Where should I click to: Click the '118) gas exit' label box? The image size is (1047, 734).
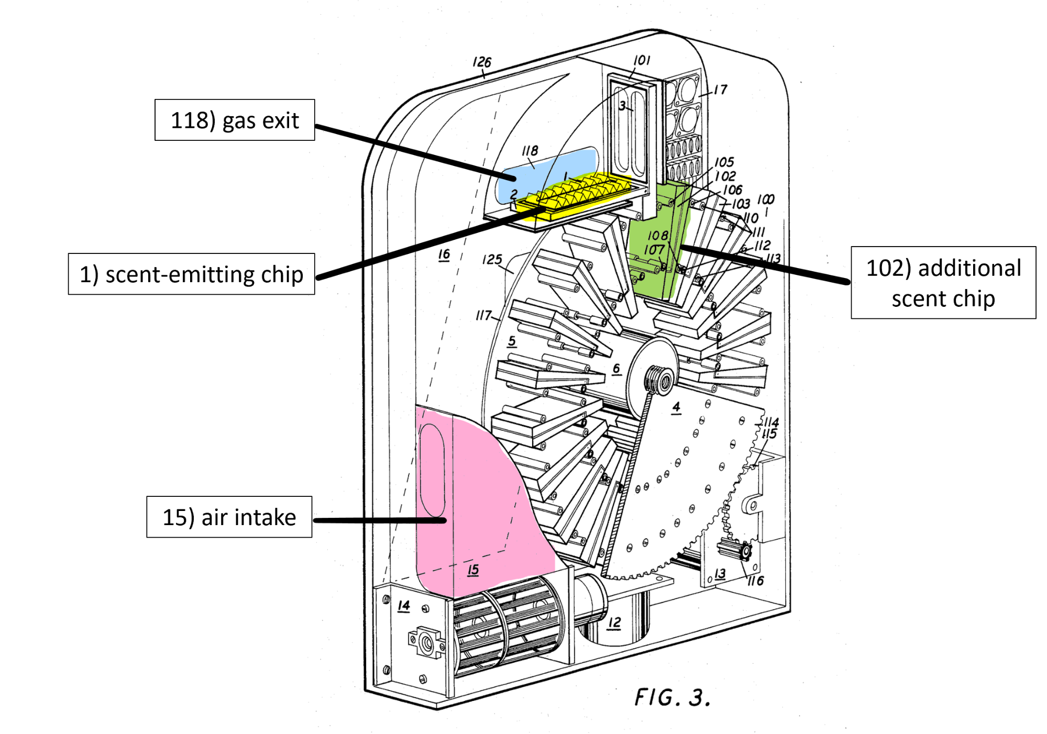click(235, 120)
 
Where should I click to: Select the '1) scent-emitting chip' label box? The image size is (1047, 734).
click(191, 274)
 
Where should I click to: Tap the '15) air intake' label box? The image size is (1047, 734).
click(229, 517)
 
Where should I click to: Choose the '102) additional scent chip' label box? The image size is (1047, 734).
click(943, 282)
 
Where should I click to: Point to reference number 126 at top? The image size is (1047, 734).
click(482, 62)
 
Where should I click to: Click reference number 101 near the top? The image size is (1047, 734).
click(642, 60)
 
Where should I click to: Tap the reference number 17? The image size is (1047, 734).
click(721, 90)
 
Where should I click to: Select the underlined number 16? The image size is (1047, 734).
click(444, 254)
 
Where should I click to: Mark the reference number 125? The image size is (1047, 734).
click(492, 259)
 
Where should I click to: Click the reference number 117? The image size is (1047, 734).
click(483, 315)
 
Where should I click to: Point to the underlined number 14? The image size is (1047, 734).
click(403, 606)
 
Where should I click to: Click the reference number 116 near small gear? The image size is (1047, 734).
click(755, 580)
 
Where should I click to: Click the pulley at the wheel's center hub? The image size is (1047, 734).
click(660, 380)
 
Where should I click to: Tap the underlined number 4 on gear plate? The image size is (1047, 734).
click(676, 407)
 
